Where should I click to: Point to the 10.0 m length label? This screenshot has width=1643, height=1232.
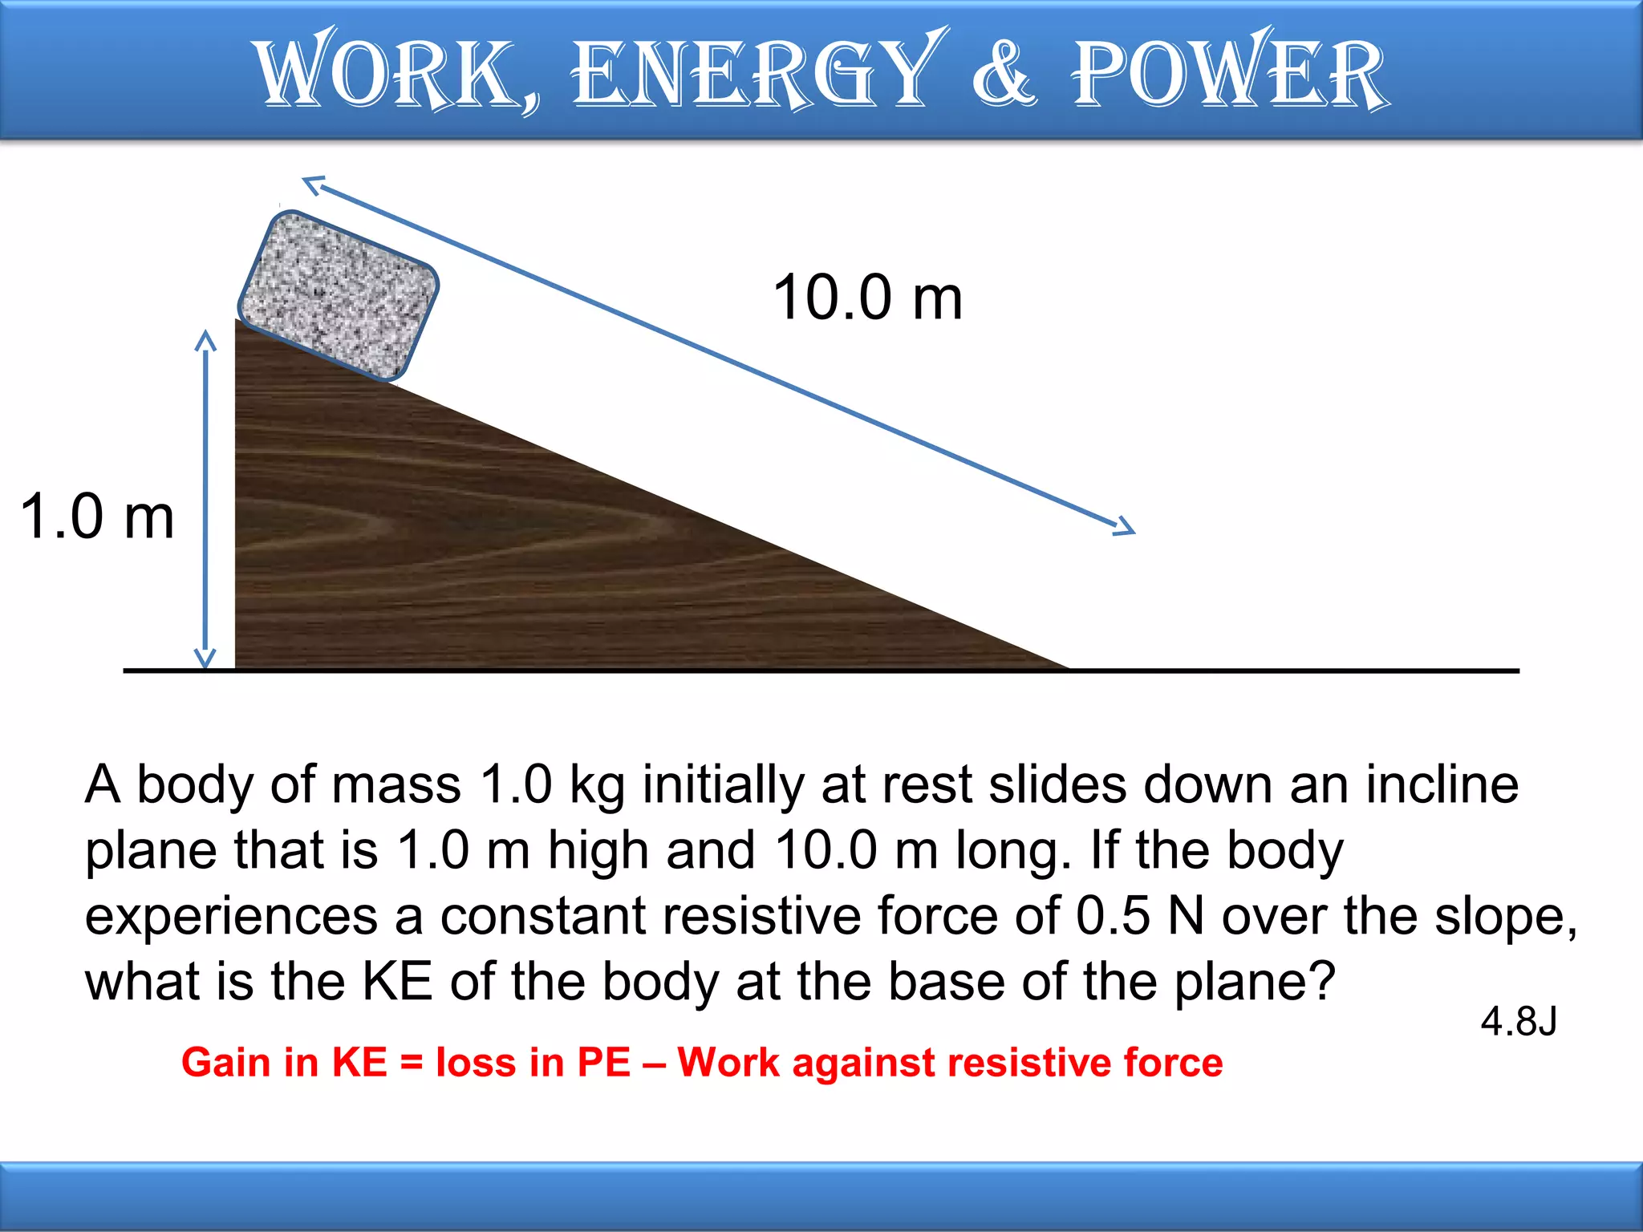pos(867,298)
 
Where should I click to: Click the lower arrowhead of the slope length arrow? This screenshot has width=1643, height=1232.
pos(1126,527)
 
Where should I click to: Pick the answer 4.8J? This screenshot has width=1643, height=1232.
pos(1519,1022)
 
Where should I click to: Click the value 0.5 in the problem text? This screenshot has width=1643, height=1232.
pos(1114,915)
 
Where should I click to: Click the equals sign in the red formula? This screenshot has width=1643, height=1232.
pos(412,1064)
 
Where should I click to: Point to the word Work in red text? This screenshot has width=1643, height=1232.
pos(728,1062)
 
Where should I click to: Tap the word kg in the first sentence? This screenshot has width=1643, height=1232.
pos(597,786)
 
